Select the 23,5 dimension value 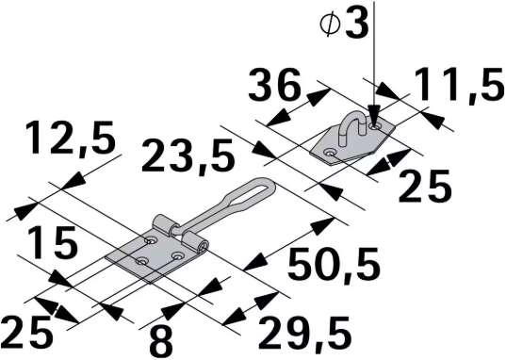pyautogui.click(x=188, y=155)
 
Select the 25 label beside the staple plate pyautogui.click(x=426, y=188)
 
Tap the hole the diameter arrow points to pyautogui.click(x=375, y=125)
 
